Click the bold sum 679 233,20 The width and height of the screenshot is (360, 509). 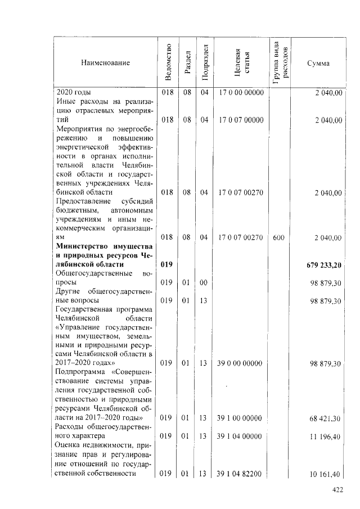tap(325, 265)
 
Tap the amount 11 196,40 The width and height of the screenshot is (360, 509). tap(326, 436)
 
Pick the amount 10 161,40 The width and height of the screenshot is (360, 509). tap(326, 474)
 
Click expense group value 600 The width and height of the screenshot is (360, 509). tap(278, 238)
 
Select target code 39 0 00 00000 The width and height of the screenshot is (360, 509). tap(241, 364)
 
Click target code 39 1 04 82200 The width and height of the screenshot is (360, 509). tap(241, 474)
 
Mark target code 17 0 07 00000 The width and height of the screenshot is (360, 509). tap(241, 120)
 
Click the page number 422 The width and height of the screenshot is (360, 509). tap(337, 490)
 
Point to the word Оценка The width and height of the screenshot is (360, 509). tap(68, 445)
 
